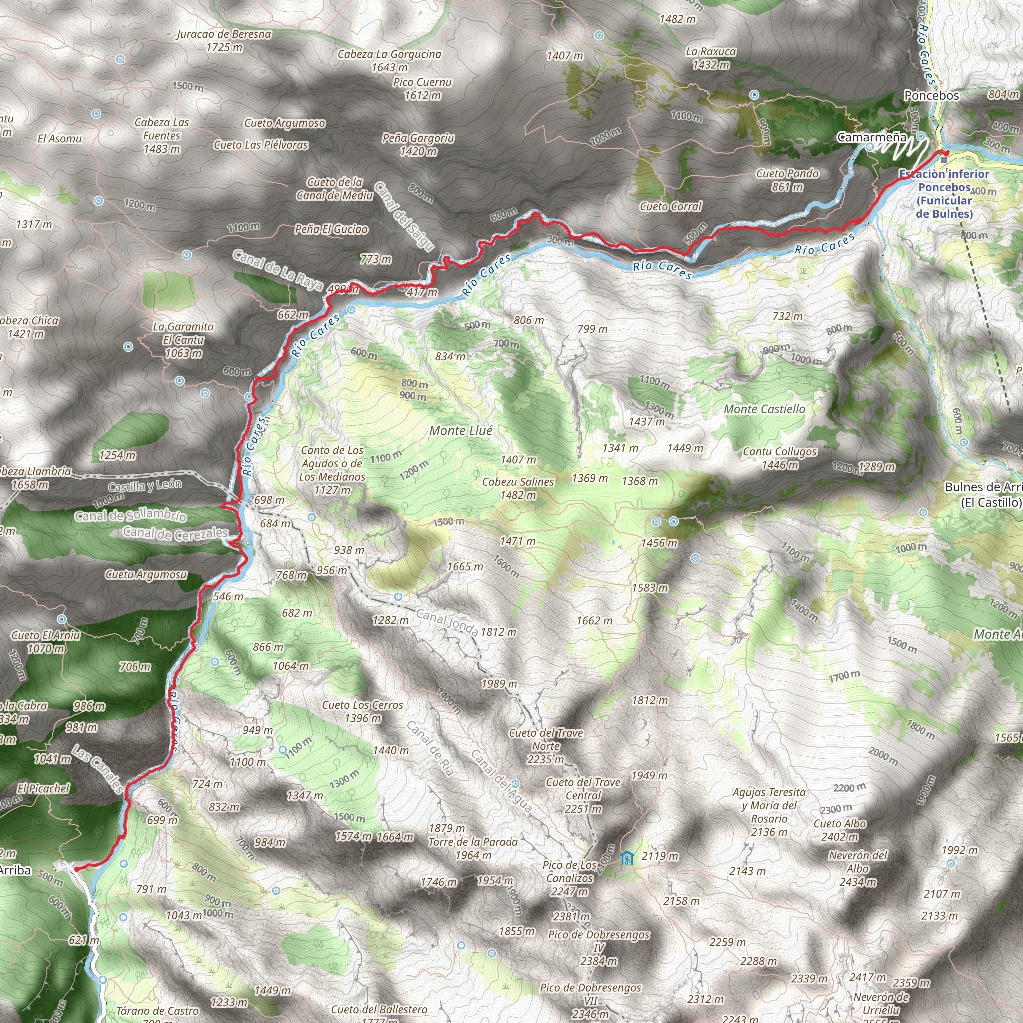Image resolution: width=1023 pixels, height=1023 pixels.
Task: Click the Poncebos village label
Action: point(932,96)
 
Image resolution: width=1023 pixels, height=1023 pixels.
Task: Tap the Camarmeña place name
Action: point(872,138)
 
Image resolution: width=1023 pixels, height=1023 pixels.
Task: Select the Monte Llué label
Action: point(461,431)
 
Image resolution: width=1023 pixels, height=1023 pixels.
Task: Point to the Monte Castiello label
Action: point(764,409)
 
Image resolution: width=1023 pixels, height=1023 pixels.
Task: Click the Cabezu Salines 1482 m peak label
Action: point(518,488)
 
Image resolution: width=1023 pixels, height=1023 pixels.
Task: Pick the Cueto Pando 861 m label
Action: point(787,180)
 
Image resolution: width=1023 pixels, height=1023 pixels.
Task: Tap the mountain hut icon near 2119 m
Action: point(627,857)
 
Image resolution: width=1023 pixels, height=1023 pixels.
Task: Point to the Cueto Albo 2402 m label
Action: point(840,830)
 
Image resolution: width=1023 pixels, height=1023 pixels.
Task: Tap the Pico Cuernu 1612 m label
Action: point(422,89)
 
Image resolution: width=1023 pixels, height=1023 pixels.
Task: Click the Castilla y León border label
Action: point(144,485)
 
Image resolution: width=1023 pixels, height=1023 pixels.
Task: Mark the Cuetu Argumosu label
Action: point(146,574)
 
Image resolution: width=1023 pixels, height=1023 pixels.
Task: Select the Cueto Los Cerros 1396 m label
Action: point(362,712)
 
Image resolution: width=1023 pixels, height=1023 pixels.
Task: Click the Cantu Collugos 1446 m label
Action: point(780,458)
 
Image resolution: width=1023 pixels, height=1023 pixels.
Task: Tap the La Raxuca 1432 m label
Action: point(711,58)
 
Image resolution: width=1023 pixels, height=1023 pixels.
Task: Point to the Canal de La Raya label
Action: point(278,270)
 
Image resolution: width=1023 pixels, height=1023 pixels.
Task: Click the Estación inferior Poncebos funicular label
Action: point(944,194)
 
